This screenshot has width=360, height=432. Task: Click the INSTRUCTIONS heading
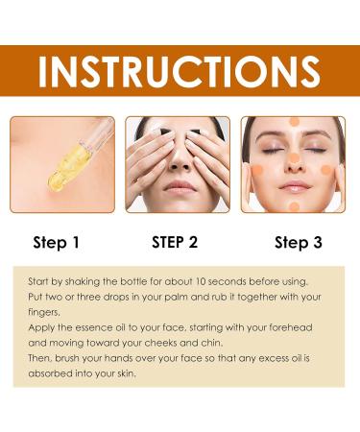[180, 69]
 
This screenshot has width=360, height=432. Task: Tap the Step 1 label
[57, 243]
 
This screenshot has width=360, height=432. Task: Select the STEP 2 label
[175, 242]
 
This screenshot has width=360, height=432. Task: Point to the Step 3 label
[299, 243]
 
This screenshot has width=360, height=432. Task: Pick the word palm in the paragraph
[165, 296]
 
